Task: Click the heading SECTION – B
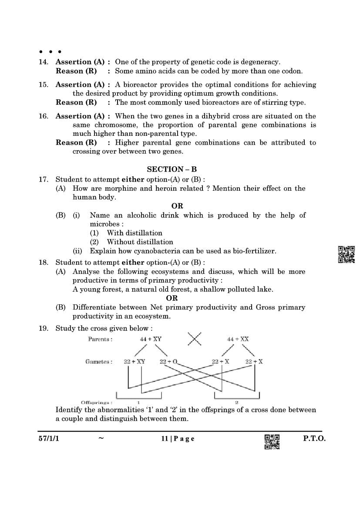172,169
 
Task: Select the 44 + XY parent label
151,339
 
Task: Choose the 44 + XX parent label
238,339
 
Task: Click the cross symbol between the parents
194,339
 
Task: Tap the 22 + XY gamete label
134,362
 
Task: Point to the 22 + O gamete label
169,362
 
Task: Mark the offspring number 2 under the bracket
236,403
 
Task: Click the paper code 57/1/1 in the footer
48,439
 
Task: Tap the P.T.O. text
314,439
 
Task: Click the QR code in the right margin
347,255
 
